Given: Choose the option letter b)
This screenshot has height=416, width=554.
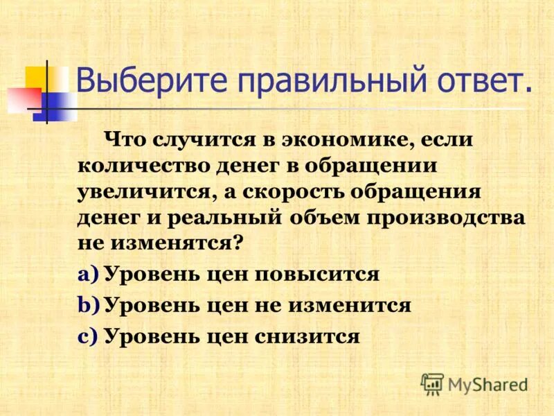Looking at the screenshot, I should click(x=89, y=305).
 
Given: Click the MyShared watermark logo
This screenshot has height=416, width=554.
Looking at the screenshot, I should click(x=474, y=383).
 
